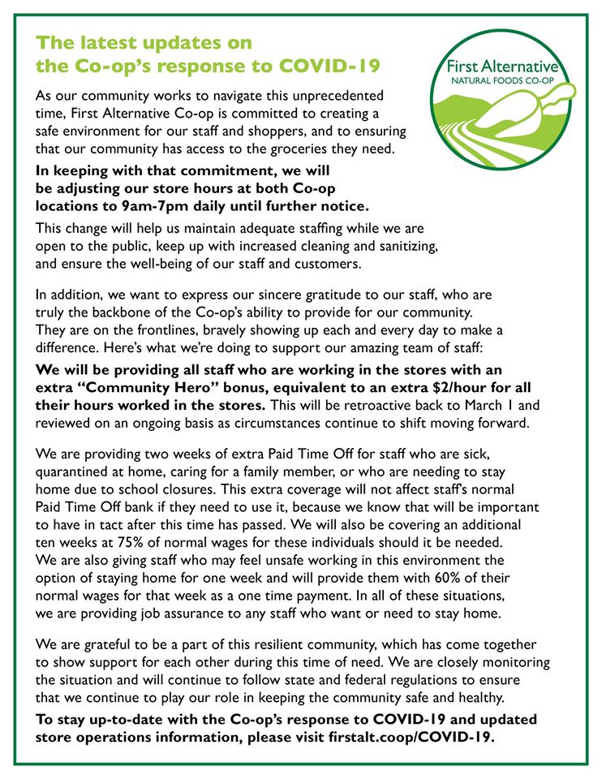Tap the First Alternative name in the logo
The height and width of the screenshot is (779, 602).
(x=509, y=67)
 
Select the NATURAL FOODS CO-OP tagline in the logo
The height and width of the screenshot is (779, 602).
(x=509, y=81)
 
